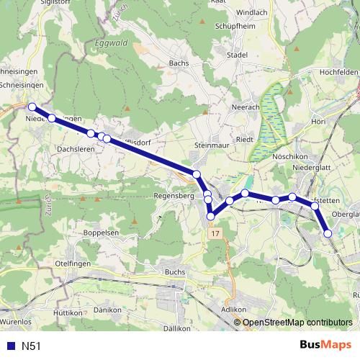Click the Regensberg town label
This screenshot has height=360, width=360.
(175, 195)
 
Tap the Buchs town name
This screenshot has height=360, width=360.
(176, 273)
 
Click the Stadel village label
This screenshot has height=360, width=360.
(236, 55)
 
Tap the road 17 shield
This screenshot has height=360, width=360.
(214, 235)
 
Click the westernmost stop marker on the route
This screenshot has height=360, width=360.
(32, 107)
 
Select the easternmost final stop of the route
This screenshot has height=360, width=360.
(328, 233)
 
